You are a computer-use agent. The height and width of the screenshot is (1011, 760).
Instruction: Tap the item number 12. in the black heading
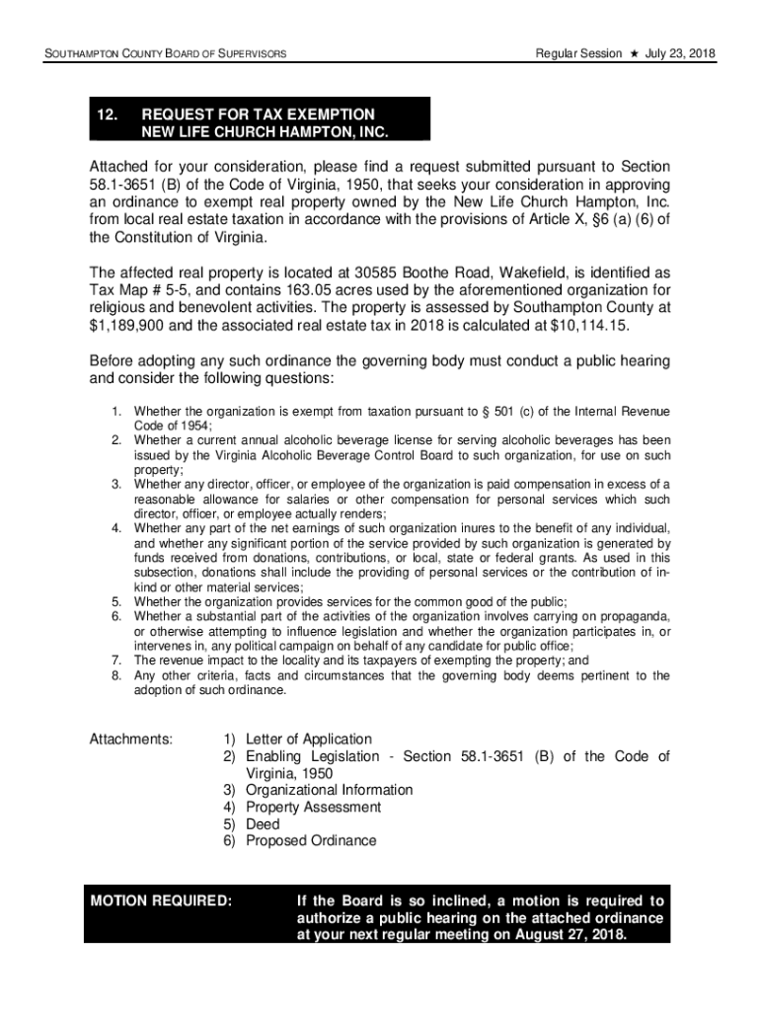click(108, 115)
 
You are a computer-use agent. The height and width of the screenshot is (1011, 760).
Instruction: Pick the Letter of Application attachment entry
click(309, 739)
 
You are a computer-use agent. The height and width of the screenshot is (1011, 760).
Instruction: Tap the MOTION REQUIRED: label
click(162, 900)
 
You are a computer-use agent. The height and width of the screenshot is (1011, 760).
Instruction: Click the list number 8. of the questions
click(115, 676)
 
